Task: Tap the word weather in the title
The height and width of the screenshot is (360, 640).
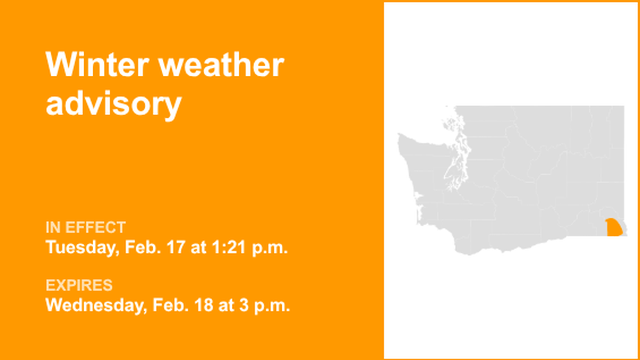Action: pos(222,65)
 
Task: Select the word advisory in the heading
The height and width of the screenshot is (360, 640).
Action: pos(113,103)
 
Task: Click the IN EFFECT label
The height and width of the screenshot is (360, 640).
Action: pos(85,227)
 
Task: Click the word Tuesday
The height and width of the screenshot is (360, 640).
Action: pos(79,248)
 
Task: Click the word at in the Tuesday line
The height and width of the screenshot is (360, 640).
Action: pos(199,248)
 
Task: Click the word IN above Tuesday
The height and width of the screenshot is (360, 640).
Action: pos(53,227)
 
